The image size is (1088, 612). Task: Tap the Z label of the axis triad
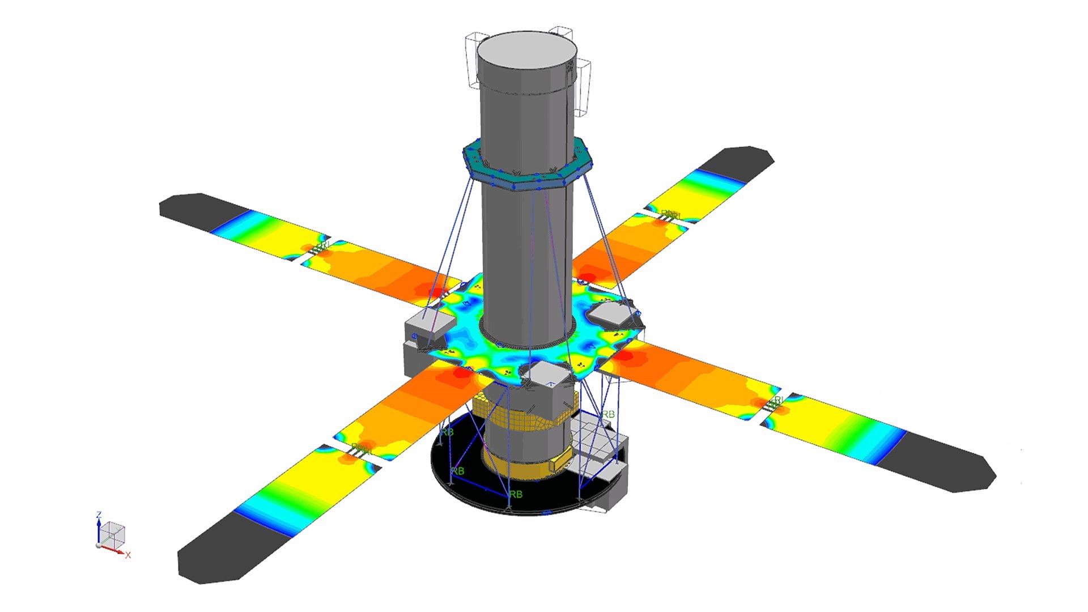pyautogui.click(x=99, y=515)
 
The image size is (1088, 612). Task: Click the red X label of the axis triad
pyautogui.click(x=128, y=555)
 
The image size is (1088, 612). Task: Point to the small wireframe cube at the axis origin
pyautogui.click(x=115, y=534)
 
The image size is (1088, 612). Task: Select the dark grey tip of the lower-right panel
pyautogui.click(x=941, y=462)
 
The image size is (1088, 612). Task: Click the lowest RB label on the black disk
pyautogui.click(x=516, y=495)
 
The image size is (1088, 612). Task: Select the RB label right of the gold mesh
pyautogui.click(x=608, y=414)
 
